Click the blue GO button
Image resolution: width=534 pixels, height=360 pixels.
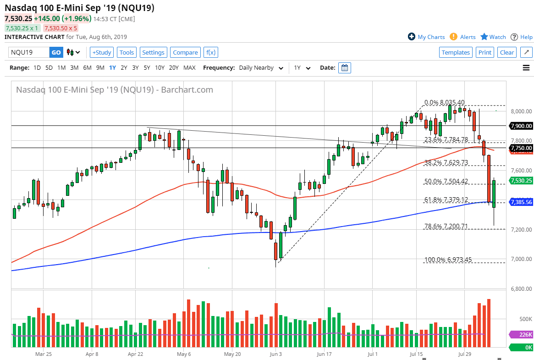[56, 52]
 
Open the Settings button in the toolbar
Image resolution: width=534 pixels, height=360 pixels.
[153, 52]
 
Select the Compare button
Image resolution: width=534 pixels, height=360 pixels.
[185, 52]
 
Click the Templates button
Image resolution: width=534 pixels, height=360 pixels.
[456, 52]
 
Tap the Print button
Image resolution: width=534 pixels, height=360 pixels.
[484, 52]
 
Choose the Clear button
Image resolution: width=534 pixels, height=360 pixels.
[506, 52]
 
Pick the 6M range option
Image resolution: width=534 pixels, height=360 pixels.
[87, 68]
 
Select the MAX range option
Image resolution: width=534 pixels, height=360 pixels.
[189, 68]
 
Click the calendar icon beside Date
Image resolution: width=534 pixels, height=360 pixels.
[345, 68]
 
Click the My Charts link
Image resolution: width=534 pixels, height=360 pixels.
[426, 37]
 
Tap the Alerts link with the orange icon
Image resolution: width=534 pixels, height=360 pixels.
[463, 37]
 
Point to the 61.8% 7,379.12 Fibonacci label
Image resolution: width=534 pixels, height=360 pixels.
[446, 199]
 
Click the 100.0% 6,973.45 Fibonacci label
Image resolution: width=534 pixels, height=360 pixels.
[447, 260]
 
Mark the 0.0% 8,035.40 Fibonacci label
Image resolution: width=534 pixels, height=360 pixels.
[445, 102]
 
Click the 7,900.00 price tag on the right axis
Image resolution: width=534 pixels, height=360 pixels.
[521, 126]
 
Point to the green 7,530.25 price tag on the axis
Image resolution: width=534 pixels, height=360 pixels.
[521, 181]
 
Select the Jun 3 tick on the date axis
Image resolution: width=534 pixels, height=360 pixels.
[276, 354]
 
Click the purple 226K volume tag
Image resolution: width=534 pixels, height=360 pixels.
[521, 335]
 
